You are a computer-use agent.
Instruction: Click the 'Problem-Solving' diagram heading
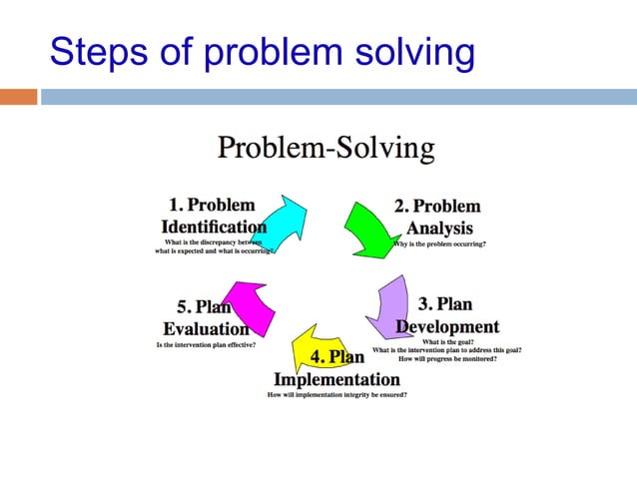[x=326, y=149]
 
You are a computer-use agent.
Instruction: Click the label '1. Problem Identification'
[x=214, y=216]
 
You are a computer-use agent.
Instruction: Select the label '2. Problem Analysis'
[x=438, y=216]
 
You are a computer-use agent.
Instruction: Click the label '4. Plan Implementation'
[x=336, y=368]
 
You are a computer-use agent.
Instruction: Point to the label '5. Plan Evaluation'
[x=206, y=318]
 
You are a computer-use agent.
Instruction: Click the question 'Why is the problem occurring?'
[x=438, y=244]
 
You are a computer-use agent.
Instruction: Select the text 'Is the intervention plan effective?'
[x=206, y=344]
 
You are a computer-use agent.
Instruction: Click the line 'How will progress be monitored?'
[x=448, y=358]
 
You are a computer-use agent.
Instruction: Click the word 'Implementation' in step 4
[x=336, y=379]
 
